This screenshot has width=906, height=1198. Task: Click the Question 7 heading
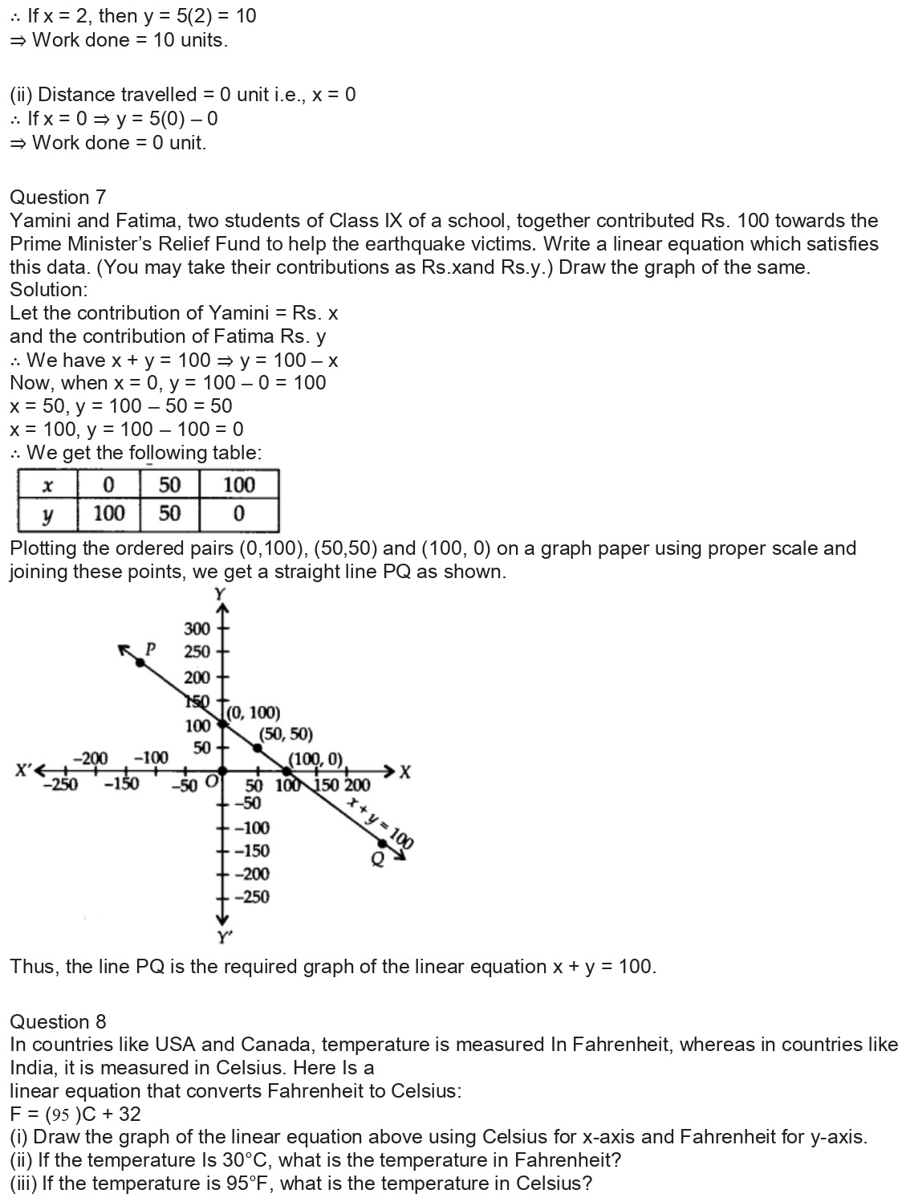(x=58, y=198)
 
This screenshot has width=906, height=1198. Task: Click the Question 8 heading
(x=58, y=1021)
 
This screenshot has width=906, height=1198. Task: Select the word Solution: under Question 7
(x=49, y=290)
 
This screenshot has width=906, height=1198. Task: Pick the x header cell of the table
(x=47, y=485)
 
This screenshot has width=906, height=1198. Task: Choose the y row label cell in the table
(x=47, y=514)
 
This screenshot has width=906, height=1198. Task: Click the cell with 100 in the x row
(x=238, y=485)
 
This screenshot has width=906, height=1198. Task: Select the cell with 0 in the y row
(x=238, y=514)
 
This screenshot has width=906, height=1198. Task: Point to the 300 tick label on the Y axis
(x=197, y=629)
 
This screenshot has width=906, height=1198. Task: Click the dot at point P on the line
(x=140, y=662)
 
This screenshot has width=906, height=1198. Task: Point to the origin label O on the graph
(x=211, y=781)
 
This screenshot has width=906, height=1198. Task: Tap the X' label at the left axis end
(x=25, y=770)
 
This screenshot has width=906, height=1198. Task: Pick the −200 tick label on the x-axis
(x=90, y=758)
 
